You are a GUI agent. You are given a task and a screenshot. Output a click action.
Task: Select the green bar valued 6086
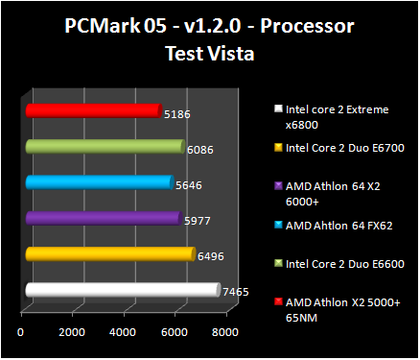coord(104,146)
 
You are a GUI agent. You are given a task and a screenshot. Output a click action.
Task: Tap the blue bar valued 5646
coord(99,181)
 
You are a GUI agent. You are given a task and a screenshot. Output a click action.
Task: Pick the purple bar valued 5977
coord(103,218)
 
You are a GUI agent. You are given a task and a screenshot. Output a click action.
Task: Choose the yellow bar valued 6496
coord(109,253)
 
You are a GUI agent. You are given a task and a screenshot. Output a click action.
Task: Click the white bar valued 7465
coord(122,289)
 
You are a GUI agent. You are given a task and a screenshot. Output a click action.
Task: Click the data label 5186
coord(176,114)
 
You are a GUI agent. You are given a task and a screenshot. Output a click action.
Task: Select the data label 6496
coord(210,255)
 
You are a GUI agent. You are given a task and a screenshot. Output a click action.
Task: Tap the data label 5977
coord(197,220)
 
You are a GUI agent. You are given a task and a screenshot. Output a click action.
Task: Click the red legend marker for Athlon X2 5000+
coord(276,301)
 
